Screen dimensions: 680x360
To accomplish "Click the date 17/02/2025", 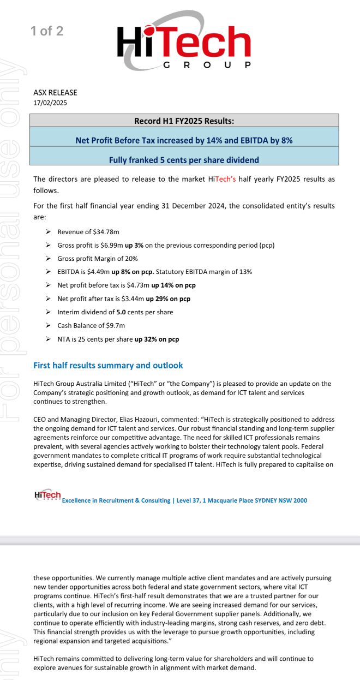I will (x=50, y=103).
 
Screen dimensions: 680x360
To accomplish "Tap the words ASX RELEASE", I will (x=55, y=93).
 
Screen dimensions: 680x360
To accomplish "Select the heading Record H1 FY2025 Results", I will (x=184, y=121).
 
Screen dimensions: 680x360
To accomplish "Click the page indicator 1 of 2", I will (x=47, y=31).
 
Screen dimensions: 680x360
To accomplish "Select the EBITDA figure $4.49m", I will (x=99, y=271).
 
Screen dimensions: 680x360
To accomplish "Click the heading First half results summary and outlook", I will (x=108, y=365).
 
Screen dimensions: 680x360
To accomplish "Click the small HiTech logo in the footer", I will (x=47, y=495).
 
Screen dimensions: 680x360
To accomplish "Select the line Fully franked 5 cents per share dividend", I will (x=184, y=160).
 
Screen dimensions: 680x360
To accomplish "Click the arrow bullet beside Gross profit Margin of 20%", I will (x=49, y=259).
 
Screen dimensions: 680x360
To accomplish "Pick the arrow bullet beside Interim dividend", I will (x=49, y=312).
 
